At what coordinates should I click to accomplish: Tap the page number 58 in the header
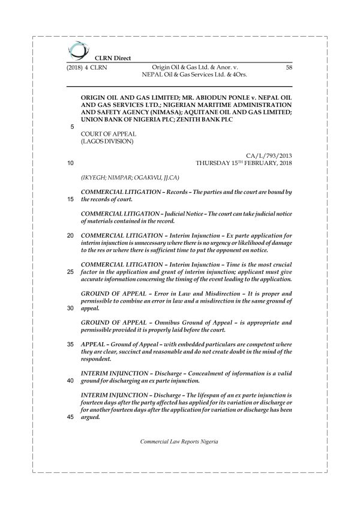click(289, 68)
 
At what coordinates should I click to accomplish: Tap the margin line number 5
click(73, 127)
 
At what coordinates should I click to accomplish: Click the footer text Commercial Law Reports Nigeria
click(179, 441)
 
